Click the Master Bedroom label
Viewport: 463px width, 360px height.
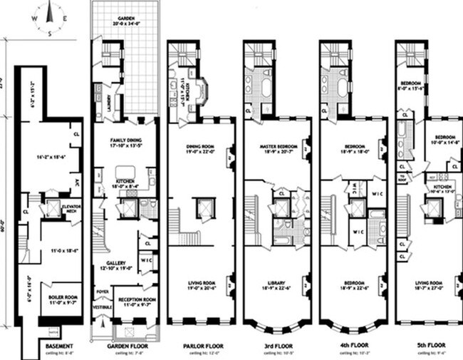(x=277, y=147)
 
